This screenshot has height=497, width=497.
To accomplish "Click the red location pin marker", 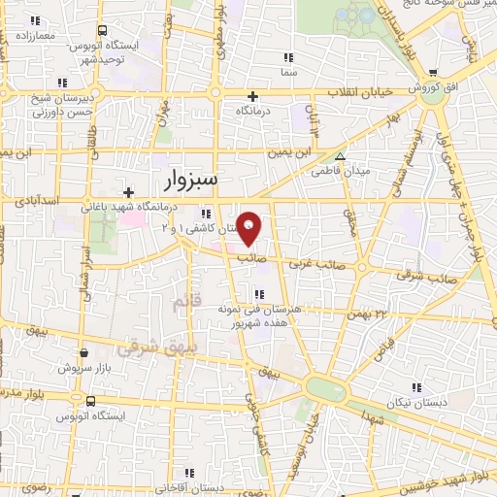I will (249, 229).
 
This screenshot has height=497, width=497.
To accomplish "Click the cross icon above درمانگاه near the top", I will (253, 96).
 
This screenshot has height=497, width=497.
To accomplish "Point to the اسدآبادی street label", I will (39, 200).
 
